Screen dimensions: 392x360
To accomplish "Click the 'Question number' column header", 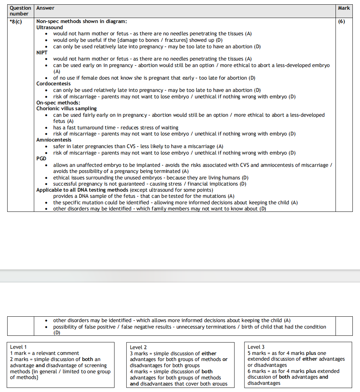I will coord(20,11).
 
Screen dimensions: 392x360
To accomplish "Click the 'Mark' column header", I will coord(343,8).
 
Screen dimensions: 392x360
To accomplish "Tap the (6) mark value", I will coord(342,21).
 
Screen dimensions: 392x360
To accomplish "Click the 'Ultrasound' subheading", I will coord(49,27).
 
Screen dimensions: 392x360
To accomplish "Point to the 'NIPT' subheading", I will coord(42,53).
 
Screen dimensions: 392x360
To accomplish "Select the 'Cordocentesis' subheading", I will coord(53,84).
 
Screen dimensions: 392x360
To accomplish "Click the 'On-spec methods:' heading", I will coord(58,103).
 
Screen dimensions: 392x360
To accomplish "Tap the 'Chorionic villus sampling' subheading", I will coord(66,108).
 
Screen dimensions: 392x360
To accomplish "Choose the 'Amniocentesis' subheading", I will coord(54,140).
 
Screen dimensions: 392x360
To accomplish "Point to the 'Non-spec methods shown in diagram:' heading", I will coord(81,21).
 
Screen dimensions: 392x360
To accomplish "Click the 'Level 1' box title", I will coord(18,347).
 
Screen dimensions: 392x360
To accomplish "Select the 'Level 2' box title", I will coord(138,347).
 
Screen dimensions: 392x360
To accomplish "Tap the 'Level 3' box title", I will coord(256,347).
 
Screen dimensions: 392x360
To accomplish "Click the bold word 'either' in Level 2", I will coord(209,353).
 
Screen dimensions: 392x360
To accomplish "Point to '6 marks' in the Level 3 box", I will coord(257,371).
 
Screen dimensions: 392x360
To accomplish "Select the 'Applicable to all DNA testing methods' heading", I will coord(82,190).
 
